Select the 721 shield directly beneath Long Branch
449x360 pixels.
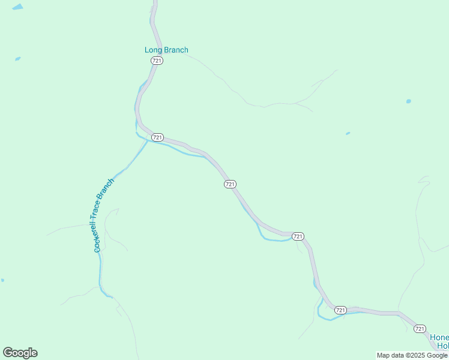pyautogui.click(x=157, y=61)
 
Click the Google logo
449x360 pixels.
pyautogui.click(x=20, y=353)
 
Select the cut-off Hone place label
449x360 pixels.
pyautogui.click(x=439, y=337)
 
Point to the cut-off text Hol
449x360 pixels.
pyautogui.click(x=442, y=346)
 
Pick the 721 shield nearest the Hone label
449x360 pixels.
pyautogui.click(x=420, y=328)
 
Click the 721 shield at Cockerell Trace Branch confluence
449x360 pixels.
pyautogui.click(x=157, y=137)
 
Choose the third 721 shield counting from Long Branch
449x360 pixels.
pyautogui.click(x=230, y=184)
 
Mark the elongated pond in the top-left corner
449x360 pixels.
pyautogui.click(x=17, y=7)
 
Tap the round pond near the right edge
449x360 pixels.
pyautogui.click(x=409, y=101)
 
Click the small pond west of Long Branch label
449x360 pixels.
pyautogui.click(x=18, y=59)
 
